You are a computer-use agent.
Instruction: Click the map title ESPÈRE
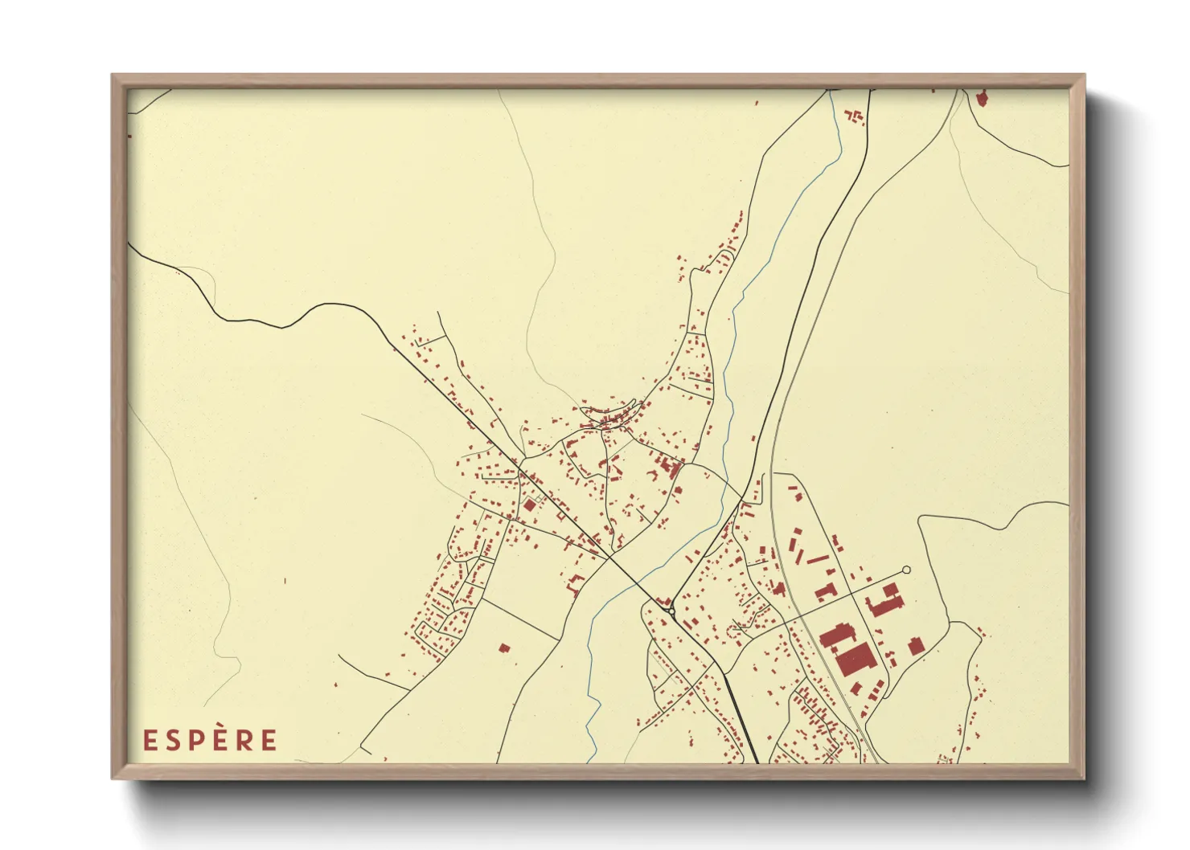pyautogui.click(x=210, y=740)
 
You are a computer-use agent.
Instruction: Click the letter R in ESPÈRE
pyautogui.click(x=244, y=740)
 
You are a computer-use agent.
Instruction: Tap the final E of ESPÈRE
pyautogui.click(x=269, y=740)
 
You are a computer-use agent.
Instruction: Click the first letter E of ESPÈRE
pyautogui.click(x=149, y=740)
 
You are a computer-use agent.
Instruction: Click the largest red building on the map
pyautogui.click(x=856, y=660)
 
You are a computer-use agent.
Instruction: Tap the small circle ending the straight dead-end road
pyautogui.click(x=906, y=570)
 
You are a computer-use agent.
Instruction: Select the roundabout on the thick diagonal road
pyautogui.click(x=671, y=611)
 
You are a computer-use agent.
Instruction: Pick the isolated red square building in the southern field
pyautogui.click(x=504, y=648)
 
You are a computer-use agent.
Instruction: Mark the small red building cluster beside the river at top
pyautogui.click(x=855, y=117)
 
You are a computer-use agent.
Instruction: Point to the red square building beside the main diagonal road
pyautogui.click(x=529, y=505)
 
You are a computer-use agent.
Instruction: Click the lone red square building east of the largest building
pyautogui.click(x=914, y=645)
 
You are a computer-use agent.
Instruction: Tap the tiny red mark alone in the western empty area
pyautogui.click(x=285, y=580)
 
